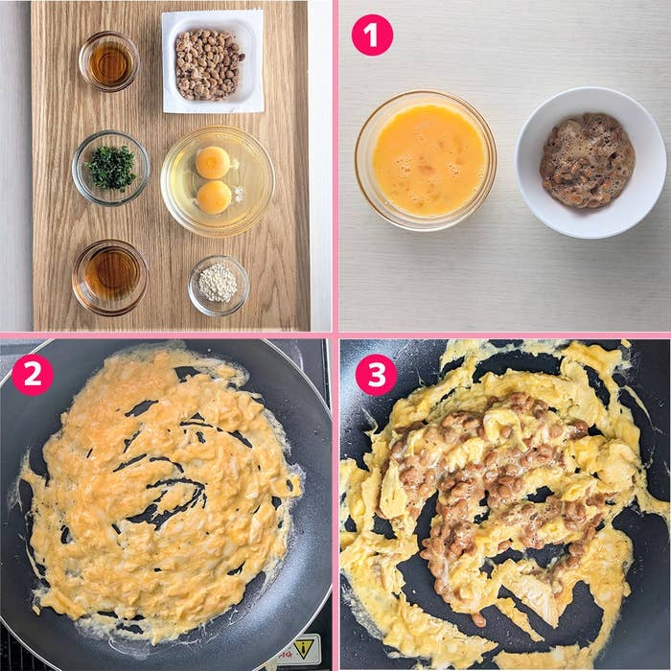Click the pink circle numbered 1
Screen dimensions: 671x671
coord(372,35)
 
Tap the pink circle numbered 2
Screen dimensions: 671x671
coord(33,375)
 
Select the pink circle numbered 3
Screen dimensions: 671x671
coord(376,375)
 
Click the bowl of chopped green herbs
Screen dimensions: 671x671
coord(111,168)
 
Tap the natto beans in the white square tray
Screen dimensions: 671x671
coord(208,64)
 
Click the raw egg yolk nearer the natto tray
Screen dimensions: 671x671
coord(213,163)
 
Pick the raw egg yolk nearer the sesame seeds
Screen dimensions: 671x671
coord(214,197)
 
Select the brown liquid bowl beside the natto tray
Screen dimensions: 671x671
coord(109,61)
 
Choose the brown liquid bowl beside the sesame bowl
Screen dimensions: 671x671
coord(110,277)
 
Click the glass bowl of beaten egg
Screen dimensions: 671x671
coord(426,160)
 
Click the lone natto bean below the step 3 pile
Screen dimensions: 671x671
coord(479,619)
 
